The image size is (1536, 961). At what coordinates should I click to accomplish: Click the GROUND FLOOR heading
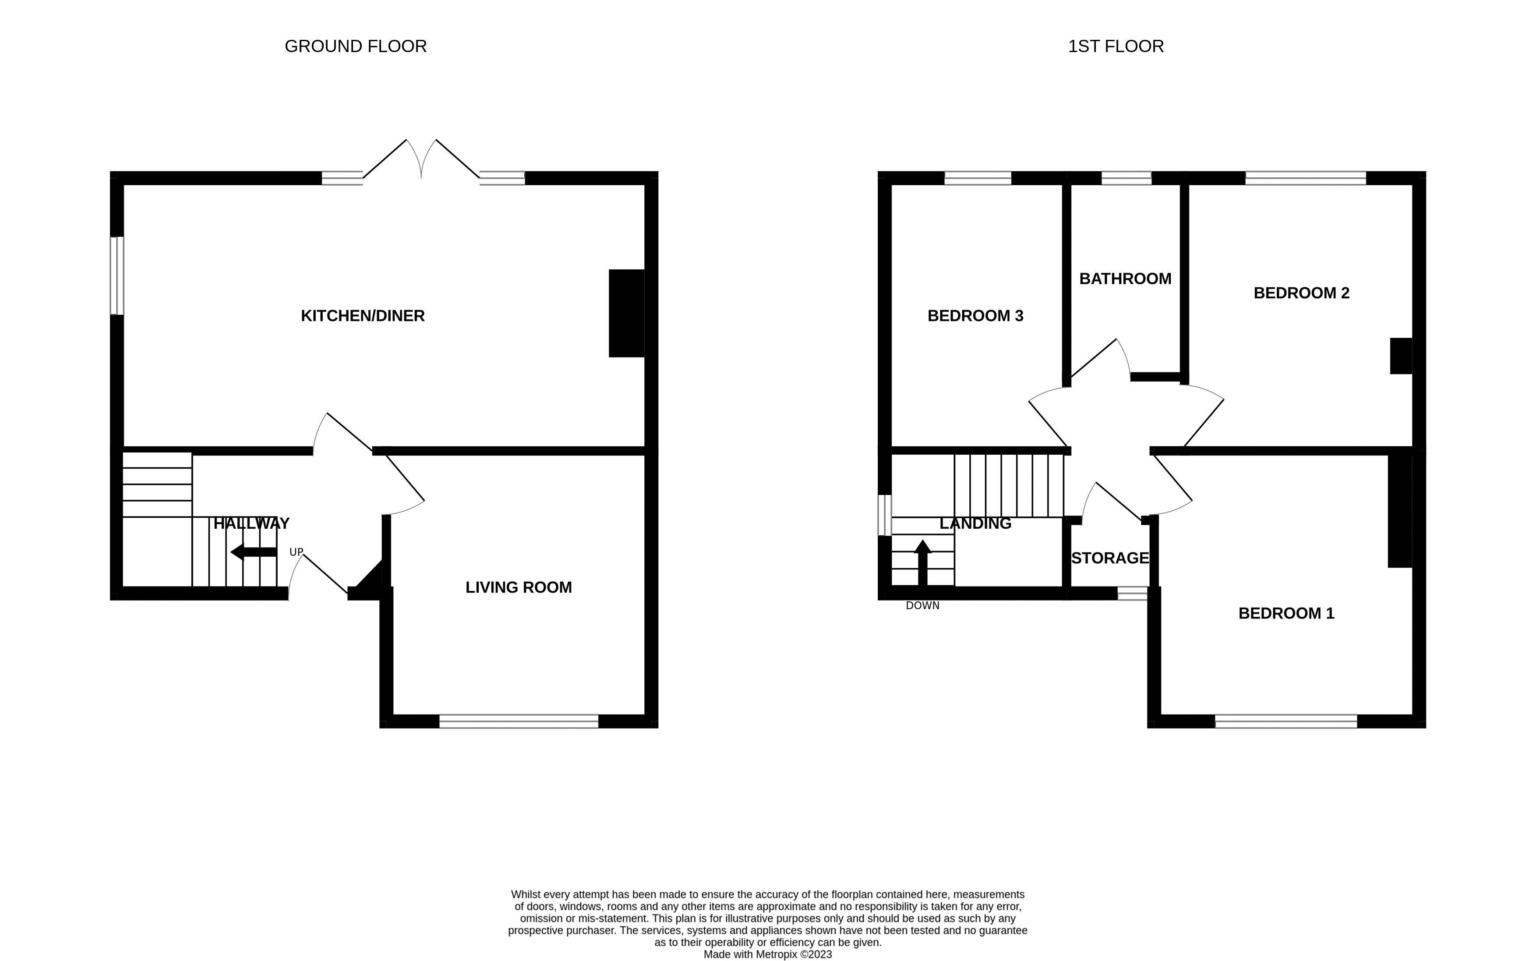(355, 46)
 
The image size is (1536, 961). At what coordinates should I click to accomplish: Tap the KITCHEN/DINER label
(362, 316)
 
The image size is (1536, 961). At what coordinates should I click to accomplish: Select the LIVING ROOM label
(519, 587)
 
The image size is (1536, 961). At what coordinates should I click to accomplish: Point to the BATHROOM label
(1125, 279)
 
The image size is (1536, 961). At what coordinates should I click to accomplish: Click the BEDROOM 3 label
(975, 316)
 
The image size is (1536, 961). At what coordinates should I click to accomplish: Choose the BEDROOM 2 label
(1301, 293)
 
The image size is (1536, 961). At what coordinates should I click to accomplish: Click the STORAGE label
(1109, 558)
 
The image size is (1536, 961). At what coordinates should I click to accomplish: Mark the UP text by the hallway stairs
(296, 552)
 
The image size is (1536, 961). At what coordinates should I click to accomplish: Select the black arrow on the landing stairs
(922, 562)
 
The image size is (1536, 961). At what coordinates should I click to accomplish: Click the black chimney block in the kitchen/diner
(626, 313)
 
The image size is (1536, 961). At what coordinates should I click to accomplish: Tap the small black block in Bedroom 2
(1401, 356)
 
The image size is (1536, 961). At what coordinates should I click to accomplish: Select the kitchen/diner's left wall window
(117, 276)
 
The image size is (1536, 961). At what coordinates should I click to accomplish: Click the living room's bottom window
(519, 721)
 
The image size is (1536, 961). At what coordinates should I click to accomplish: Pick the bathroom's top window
(1126, 178)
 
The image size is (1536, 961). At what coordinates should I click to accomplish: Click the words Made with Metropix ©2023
(767, 954)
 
